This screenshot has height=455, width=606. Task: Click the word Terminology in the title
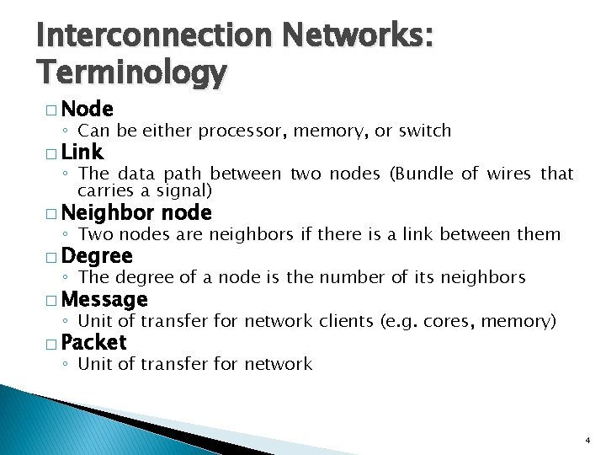click(131, 74)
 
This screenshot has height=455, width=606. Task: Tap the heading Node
click(88, 109)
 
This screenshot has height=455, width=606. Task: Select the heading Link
click(82, 152)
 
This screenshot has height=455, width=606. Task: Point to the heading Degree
click(97, 255)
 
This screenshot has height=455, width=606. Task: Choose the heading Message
click(104, 299)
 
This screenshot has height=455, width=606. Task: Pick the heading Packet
click(93, 342)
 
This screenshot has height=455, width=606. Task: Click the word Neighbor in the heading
click(109, 212)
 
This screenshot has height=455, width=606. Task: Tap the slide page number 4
click(587, 441)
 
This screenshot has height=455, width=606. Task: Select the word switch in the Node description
click(424, 131)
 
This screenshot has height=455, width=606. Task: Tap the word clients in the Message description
click(347, 321)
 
